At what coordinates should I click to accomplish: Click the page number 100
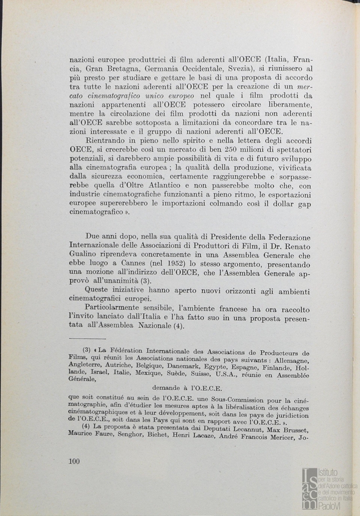click(74, 461)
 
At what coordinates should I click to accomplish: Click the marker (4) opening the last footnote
click(86, 426)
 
